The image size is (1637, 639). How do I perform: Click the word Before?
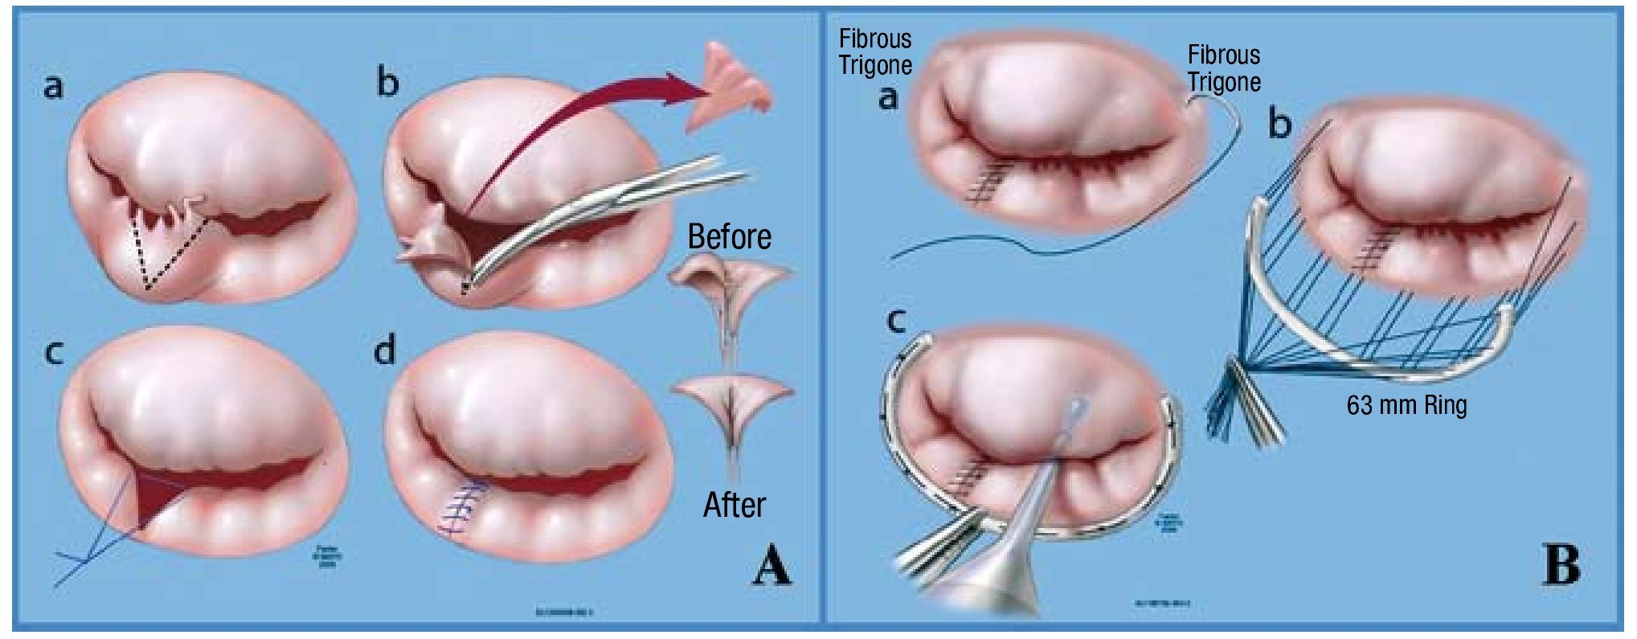(x=729, y=237)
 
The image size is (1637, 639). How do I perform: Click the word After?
(x=734, y=506)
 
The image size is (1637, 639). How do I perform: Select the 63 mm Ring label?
(x=1406, y=404)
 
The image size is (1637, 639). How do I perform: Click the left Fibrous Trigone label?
(x=875, y=52)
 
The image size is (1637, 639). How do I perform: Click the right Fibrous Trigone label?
(x=1224, y=68)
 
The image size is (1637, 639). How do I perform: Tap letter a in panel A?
(x=53, y=85)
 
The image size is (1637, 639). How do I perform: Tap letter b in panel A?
(x=387, y=82)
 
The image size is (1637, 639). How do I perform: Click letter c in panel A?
(x=53, y=352)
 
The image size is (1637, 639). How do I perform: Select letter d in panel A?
(x=386, y=350)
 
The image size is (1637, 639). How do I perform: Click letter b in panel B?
(x=1279, y=125)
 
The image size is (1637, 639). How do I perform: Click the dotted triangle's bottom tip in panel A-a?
(x=148, y=288)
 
